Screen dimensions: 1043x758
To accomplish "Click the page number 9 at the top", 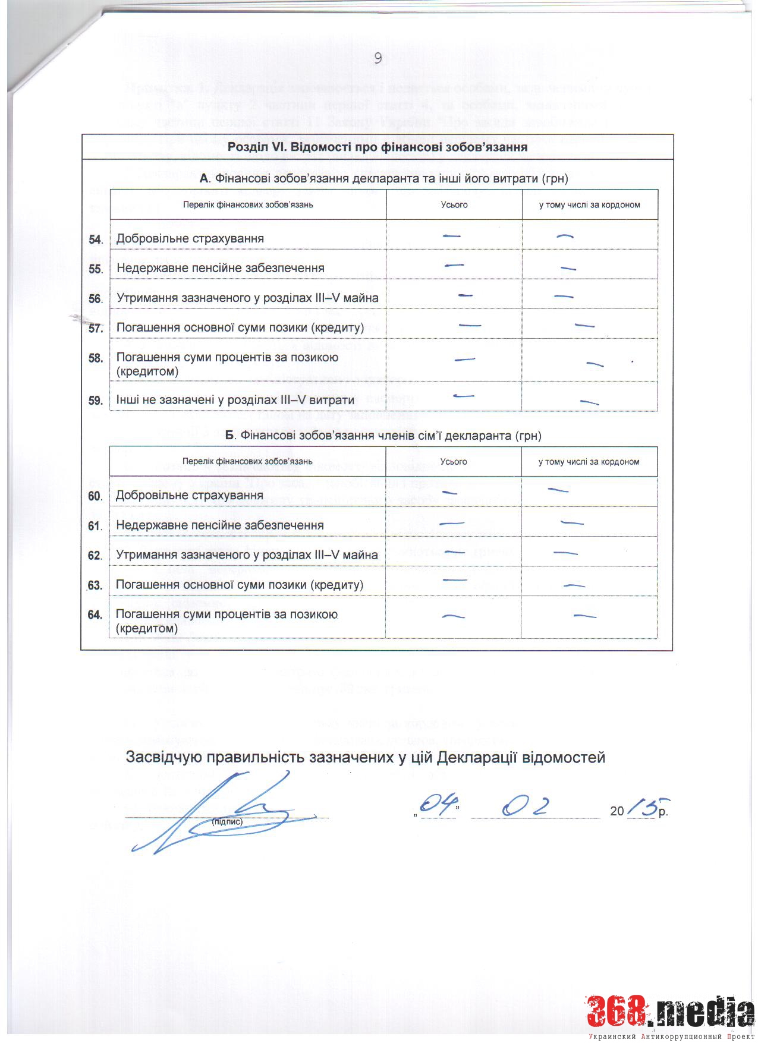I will click(x=378, y=58).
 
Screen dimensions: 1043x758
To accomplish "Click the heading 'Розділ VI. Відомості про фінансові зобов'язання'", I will click(x=378, y=147).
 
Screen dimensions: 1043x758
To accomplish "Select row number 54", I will click(x=96, y=240).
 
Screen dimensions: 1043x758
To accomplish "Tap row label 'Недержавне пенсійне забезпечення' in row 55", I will click(x=221, y=268).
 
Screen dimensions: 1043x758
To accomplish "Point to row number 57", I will click(x=96, y=329).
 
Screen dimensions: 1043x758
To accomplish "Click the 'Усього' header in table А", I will click(x=454, y=204).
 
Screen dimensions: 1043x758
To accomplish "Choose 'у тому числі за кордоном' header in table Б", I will click(x=589, y=462).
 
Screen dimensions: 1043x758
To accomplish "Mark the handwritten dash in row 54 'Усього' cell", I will click(x=452, y=236).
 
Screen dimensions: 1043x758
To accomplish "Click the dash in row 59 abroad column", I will click(x=589, y=402).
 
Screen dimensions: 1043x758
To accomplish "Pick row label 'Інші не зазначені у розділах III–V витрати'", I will click(x=235, y=400).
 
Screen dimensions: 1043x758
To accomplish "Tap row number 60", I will click(x=95, y=496).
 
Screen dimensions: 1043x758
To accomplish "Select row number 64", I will click(x=95, y=615).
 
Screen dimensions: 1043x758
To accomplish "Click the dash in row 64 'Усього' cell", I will click(x=454, y=616).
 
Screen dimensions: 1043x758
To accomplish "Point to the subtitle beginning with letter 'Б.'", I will click(x=383, y=436).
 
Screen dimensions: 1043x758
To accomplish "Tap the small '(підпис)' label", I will click(x=227, y=822).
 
